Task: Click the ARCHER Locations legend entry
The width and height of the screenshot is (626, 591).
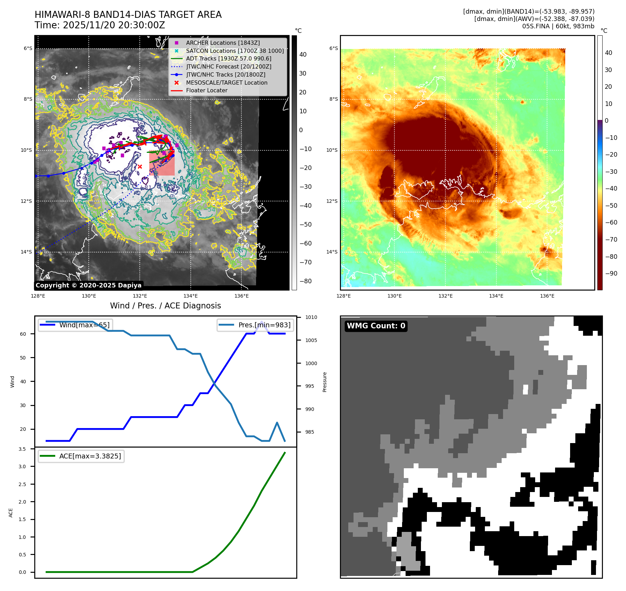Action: point(223,43)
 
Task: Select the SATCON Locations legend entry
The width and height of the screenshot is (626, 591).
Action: point(234,51)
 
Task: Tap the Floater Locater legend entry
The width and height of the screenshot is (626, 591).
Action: point(206,90)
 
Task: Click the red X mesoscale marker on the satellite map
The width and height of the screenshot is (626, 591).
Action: point(140,167)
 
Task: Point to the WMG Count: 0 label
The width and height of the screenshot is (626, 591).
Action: point(376,326)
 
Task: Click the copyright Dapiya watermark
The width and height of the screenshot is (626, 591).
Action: point(88,285)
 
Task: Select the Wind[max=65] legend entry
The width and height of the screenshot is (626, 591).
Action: point(84,325)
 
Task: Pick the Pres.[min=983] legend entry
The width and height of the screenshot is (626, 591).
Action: point(264,325)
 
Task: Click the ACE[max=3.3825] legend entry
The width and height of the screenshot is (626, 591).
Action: point(90,456)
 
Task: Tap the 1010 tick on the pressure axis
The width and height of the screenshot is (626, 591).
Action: point(311,318)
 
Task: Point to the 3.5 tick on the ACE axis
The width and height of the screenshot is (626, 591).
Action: point(22,449)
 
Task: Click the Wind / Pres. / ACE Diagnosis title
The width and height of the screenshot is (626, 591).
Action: point(165,306)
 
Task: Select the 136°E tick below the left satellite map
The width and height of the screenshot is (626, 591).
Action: point(241,296)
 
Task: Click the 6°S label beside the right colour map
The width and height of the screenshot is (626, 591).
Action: point(334,48)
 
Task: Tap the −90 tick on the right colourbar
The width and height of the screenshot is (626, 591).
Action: point(611,273)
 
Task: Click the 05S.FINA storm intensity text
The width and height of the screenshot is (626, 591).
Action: point(558,26)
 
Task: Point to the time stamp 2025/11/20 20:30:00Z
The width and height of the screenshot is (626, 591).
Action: point(100,25)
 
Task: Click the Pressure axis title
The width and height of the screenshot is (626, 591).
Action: point(325,382)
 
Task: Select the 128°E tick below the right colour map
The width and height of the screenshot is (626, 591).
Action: point(343,296)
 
